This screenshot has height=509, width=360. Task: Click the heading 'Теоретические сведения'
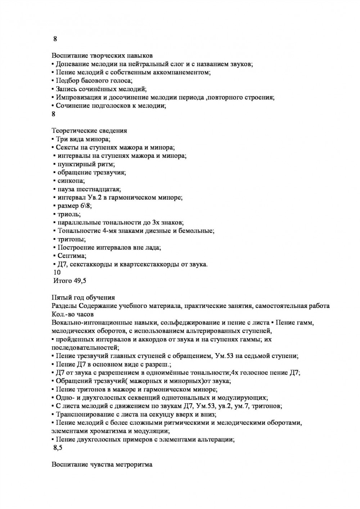[x=89, y=131]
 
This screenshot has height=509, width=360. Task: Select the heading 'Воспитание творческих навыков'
[x=102, y=56]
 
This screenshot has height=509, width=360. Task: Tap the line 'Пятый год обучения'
[x=83, y=297]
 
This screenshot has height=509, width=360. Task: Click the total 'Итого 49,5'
[x=69, y=281]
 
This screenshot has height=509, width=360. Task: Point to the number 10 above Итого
[x=57, y=273]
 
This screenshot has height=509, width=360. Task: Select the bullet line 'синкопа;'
[x=71, y=181]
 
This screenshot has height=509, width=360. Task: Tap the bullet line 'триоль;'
[x=69, y=214]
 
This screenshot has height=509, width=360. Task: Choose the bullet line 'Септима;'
[x=72, y=256]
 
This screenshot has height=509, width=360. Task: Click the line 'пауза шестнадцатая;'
[x=89, y=189]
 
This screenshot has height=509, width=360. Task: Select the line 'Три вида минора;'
[x=83, y=139]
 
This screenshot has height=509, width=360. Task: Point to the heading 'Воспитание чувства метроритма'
[x=102, y=464]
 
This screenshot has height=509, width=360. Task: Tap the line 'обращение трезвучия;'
[x=92, y=173]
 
